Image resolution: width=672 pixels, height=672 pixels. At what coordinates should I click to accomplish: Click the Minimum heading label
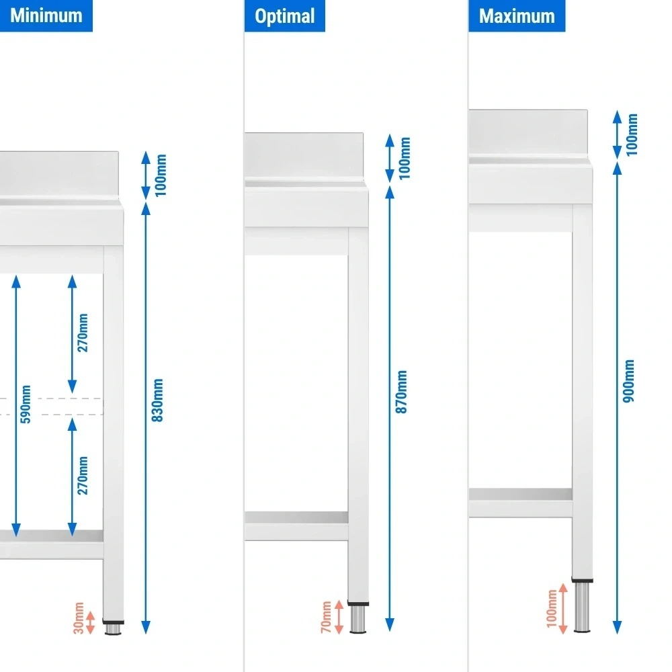tap(46, 15)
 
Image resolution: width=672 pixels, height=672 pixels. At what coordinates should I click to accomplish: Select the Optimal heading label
tap(285, 15)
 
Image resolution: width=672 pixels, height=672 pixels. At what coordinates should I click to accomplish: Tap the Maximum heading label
tap(517, 15)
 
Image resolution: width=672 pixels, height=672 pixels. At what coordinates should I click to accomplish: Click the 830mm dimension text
tap(159, 401)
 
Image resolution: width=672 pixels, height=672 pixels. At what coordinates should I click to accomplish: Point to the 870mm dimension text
tap(402, 392)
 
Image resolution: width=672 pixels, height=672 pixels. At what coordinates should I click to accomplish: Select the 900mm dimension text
tap(629, 381)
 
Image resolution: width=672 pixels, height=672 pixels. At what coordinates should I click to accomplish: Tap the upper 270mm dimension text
tap(83, 333)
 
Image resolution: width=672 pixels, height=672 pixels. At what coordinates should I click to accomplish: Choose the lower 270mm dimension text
tap(83, 475)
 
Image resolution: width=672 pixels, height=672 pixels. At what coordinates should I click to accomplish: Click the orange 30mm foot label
tap(79, 619)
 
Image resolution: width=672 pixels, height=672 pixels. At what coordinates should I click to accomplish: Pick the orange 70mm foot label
tap(325, 617)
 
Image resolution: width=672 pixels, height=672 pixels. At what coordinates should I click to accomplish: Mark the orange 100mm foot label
tap(552, 607)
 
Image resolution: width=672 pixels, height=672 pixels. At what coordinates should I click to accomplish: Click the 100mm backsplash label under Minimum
tap(161, 175)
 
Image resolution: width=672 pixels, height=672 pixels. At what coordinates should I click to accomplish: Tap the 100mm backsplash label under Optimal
tap(405, 158)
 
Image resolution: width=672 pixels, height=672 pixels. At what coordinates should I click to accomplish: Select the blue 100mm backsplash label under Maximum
tap(632, 134)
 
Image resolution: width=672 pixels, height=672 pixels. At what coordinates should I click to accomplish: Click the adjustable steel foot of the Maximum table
tap(583, 607)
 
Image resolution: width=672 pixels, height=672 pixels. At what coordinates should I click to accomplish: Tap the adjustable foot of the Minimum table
tap(114, 628)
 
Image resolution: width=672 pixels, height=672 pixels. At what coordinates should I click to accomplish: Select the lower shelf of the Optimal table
tap(296, 517)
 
